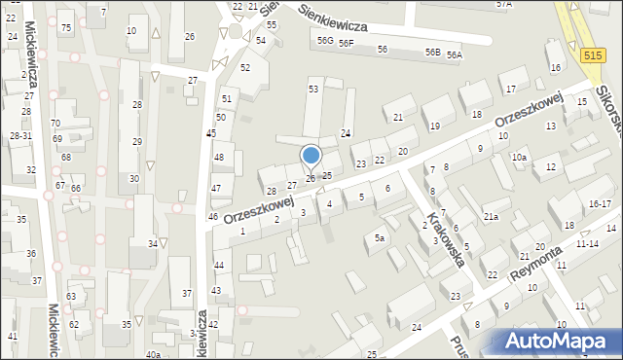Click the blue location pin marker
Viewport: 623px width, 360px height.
[311, 156]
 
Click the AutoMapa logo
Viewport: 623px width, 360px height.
[560, 341]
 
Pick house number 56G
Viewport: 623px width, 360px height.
[324, 41]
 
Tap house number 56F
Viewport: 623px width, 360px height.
[346, 44]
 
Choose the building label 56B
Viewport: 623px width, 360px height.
[432, 53]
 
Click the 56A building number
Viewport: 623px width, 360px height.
[454, 55]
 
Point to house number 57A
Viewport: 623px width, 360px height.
[503, 4]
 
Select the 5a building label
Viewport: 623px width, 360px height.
[381, 237]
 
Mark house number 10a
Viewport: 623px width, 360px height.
[520, 158]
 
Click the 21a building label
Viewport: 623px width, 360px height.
[491, 216]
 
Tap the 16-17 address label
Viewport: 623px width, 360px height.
[600, 204]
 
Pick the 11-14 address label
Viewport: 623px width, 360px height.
[587, 244]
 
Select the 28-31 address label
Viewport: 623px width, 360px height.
[20, 135]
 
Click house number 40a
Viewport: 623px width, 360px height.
[153, 355]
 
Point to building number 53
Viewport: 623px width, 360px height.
[313, 89]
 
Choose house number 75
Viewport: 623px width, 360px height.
[65, 27]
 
